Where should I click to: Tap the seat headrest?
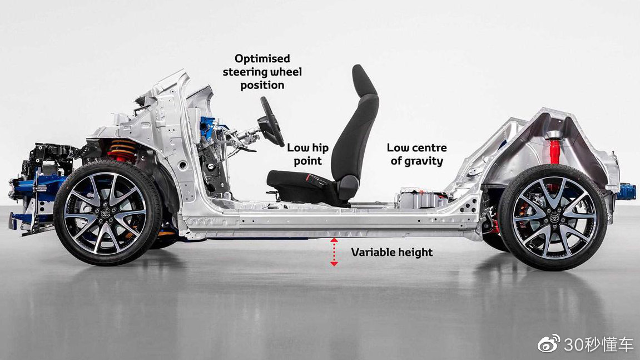(x=365, y=81)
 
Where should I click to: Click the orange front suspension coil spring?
(x=122, y=149)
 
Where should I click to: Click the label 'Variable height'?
(x=391, y=253)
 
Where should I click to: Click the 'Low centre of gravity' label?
(x=416, y=155)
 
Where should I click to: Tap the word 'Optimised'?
(x=262, y=58)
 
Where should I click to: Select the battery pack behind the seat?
(x=423, y=198)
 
